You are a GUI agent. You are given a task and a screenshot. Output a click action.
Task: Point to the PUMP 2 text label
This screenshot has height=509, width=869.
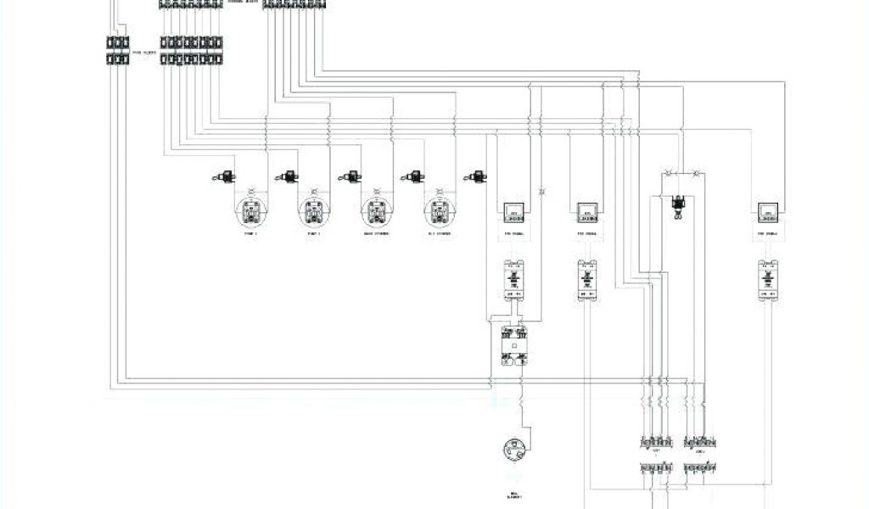[314, 233]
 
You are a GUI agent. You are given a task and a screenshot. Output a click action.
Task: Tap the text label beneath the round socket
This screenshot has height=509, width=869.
[515, 495]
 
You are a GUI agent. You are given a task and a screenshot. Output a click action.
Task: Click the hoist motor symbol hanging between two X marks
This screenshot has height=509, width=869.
[677, 205]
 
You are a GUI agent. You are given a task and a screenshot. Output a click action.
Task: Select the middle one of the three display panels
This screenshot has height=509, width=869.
[588, 212]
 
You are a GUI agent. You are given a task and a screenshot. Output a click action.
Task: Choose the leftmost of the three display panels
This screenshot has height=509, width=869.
[513, 212]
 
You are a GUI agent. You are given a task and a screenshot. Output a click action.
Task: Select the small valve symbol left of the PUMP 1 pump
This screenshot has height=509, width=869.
[224, 176]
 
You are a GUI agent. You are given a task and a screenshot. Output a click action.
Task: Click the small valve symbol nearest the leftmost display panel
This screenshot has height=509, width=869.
[475, 176]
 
